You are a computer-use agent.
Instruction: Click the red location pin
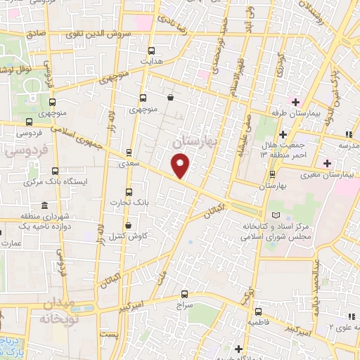pos(181,166)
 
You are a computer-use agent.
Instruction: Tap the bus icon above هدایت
pos(152,50)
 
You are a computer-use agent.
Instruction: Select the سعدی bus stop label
pos(127,162)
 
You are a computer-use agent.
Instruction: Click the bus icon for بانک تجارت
pos(128,191)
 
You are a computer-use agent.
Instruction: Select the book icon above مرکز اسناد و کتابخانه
pos(274,214)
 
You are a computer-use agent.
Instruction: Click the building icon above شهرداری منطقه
pos(44,206)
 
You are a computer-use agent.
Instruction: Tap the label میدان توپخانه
pos(53,310)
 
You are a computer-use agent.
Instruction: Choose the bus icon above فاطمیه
pos(259,310)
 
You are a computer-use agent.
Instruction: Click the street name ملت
pos(165,269)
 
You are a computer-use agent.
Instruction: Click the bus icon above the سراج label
pos(185,293)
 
